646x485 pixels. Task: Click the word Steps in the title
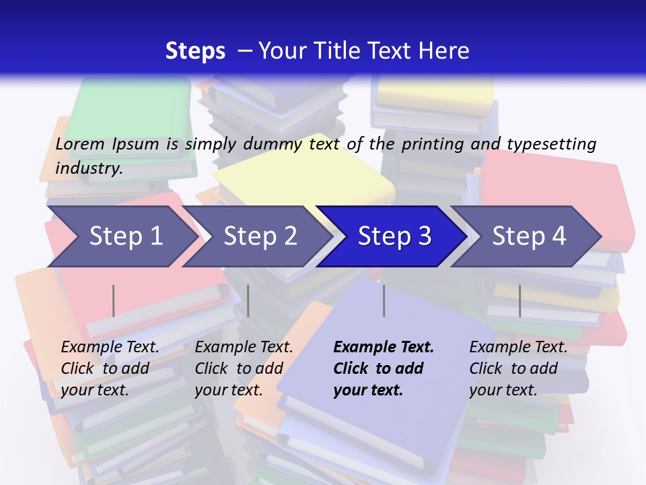(x=195, y=51)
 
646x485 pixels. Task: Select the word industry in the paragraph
(x=89, y=168)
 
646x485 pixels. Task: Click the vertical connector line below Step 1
(x=114, y=300)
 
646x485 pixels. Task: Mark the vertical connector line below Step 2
(x=248, y=300)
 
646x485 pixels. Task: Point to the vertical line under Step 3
(x=384, y=300)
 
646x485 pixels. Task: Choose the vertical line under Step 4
(x=519, y=300)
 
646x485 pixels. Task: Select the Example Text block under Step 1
(x=110, y=368)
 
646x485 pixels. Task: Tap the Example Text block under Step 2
(x=244, y=368)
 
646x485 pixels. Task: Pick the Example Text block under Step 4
(x=518, y=368)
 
